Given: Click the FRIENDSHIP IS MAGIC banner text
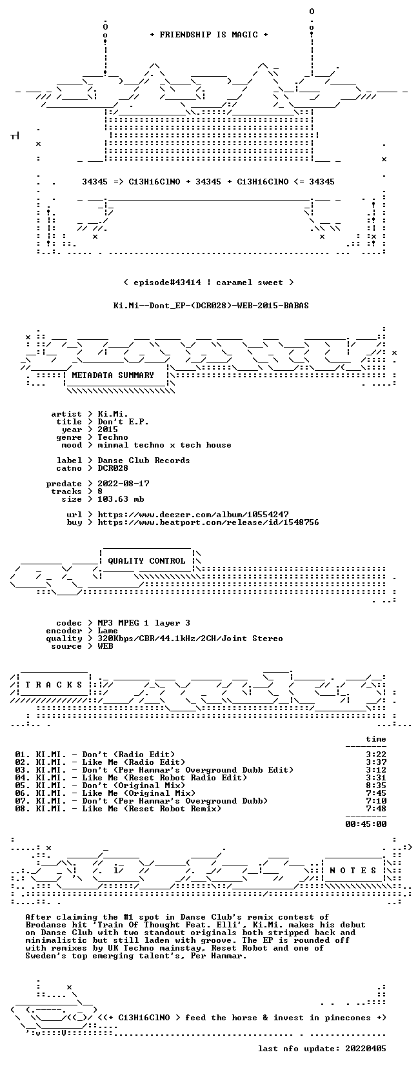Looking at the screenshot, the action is [x=209, y=35].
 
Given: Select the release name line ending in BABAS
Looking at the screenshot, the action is [x=211, y=306].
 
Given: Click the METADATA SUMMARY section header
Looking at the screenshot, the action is [x=113, y=375].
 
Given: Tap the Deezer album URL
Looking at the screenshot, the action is [x=193, y=515].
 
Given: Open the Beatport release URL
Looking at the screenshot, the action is [x=208, y=522].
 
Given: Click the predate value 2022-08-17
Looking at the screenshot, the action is [x=123, y=484].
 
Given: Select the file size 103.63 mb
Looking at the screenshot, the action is [x=121, y=499].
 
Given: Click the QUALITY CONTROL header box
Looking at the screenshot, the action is [x=147, y=561].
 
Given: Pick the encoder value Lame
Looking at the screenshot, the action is [x=108, y=631].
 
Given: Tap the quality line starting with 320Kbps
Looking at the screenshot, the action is [x=190, y=639].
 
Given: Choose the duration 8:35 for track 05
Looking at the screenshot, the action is [x=376, y=786].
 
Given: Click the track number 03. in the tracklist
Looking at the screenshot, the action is [x=23, y=770].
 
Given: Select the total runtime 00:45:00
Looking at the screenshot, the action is [x=366, y=824].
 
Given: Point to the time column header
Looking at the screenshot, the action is [x=376, y=740].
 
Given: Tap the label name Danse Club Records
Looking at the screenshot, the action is [x=144, y=460].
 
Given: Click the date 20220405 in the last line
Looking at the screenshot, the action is [x=366, y=1049].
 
